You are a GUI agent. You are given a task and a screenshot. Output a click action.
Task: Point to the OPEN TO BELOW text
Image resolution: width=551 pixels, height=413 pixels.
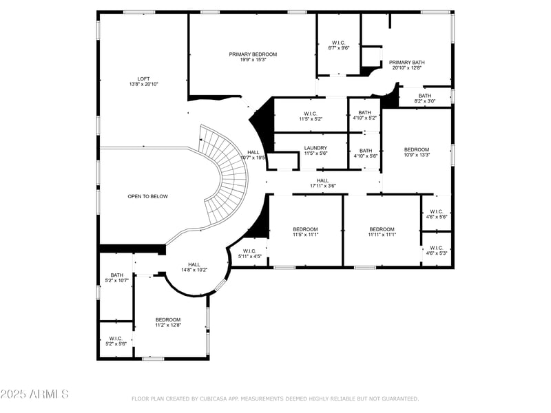[x=147, y=196]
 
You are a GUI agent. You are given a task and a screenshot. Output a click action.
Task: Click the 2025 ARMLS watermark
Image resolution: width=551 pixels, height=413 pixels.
[x=34, y=394]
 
